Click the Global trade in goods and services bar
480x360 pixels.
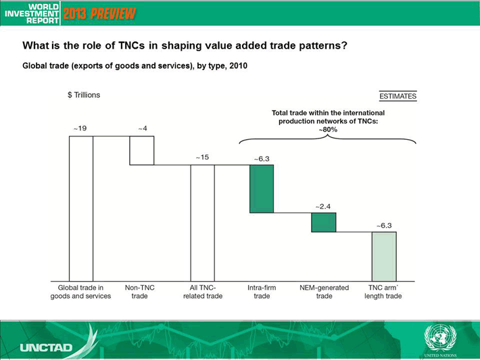tap(81, 209)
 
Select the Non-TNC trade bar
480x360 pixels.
tap(142, 151)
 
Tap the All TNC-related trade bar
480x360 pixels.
tap(203, 223)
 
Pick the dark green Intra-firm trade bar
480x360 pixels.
tap(262, 188)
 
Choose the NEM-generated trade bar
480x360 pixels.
tap(324, 222)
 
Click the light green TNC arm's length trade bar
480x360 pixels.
tap(384, 257)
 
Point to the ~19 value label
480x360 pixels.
tap(80, 128)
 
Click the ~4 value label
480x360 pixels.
tap(143, 128)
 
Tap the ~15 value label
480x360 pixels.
tap(202, 157)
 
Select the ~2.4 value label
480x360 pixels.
tap(323, 207)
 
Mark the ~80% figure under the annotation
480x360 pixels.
tap(328, 130)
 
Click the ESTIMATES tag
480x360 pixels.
tap(398, 96)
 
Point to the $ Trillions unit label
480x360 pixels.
tap(84, 95)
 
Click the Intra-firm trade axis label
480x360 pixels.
tap(262, 292)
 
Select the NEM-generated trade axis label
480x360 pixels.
tap(325, 292)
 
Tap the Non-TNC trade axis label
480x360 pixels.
tap(139, 292)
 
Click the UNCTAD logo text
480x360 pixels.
tap(46, 347)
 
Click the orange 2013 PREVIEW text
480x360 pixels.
tap(99, 14)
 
